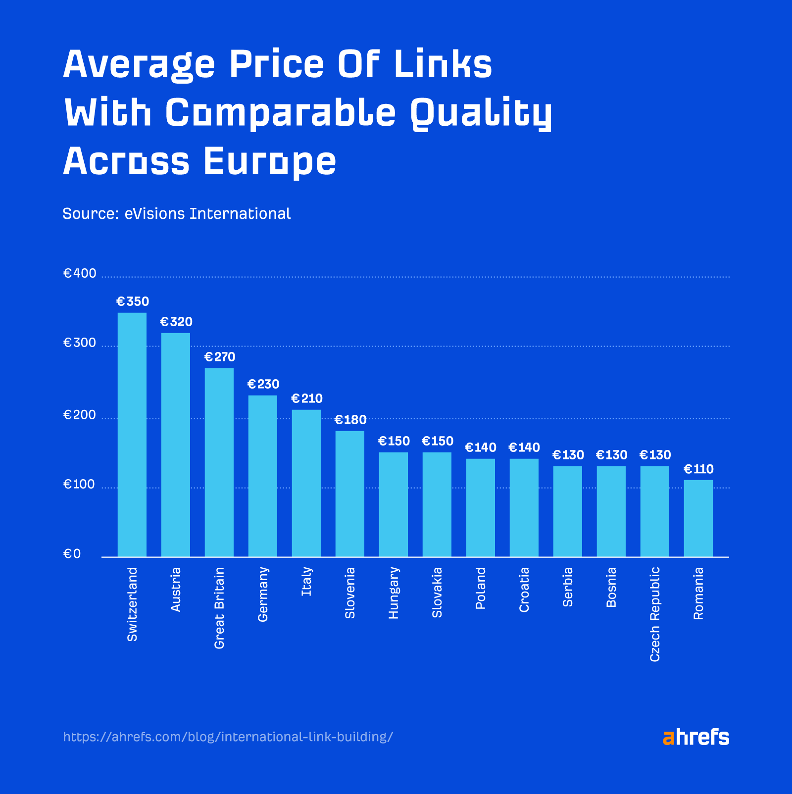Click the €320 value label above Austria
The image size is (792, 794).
click(176, 322)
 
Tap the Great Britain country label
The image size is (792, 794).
click(219, 608)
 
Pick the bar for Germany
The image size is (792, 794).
click(262, 476)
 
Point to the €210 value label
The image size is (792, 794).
click(307, 399)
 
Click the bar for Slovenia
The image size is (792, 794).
click(349, 494)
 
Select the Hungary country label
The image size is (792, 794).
click(394, 593)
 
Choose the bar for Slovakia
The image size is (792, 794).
click(437, 504)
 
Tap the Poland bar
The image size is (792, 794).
click(480, 507)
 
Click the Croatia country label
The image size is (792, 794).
click(524, 590)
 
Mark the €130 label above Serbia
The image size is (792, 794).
click(568, 455)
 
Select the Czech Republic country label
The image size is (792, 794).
click(655, 614)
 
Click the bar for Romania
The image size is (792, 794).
click(698, 518)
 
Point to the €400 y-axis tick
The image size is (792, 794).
click(80, 274)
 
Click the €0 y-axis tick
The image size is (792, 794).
click(72, 554)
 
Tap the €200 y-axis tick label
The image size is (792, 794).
click(80, 415)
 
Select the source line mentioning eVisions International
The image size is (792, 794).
click(177, 214)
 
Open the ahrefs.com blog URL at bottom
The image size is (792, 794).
click(228, 737)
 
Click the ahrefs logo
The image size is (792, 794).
click(696, 737)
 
